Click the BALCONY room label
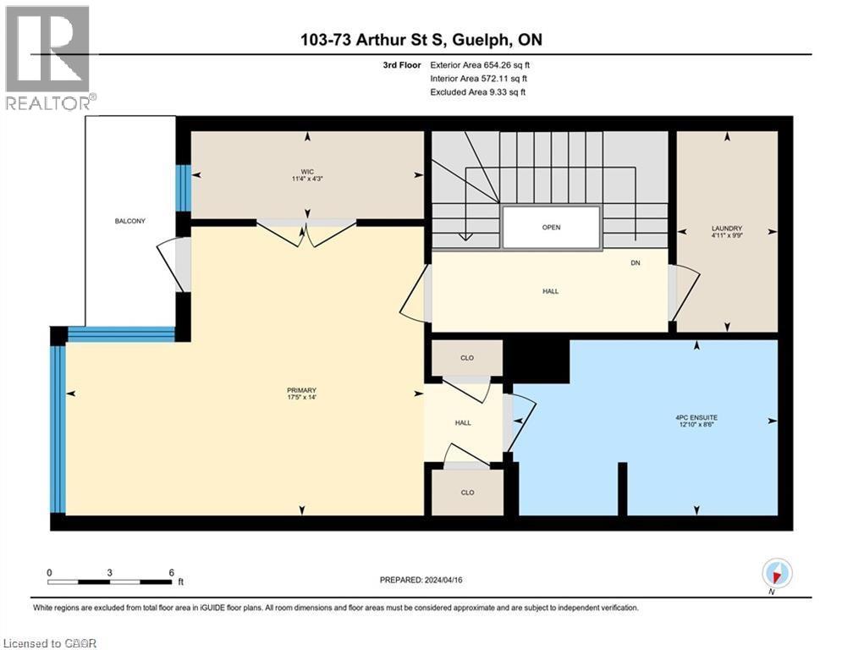pyautogui.click(x=130, y=221)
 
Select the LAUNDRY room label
pyautogui.click(x=726, y=228)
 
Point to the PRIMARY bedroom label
pyautogui.click(x=300, y=389)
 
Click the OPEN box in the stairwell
pyautogui.click(x=551, y=227)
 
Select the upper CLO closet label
pyautogui.click(x=466, y=358)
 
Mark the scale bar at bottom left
pyautogui.click(x=110, y=581)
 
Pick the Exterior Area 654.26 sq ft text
pyautogui.click(x=481, y=64)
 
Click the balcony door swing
pyautogui.click(x=172, y=264)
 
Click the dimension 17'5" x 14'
pyautogui.click(x=300, y=398)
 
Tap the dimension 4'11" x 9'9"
pyautogui.click(x=726, y=237)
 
